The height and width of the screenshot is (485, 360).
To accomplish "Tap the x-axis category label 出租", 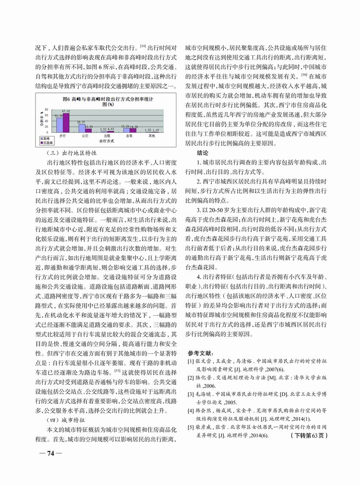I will [x=103, y=136].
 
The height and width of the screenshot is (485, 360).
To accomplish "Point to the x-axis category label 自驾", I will [x=128, y=136].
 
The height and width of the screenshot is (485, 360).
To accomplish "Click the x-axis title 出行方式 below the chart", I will [x=106, y=141].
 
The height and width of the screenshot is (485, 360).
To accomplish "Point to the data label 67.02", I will [x=66, y=111].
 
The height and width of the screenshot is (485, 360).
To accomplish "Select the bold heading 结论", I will [x=202, y=153].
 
